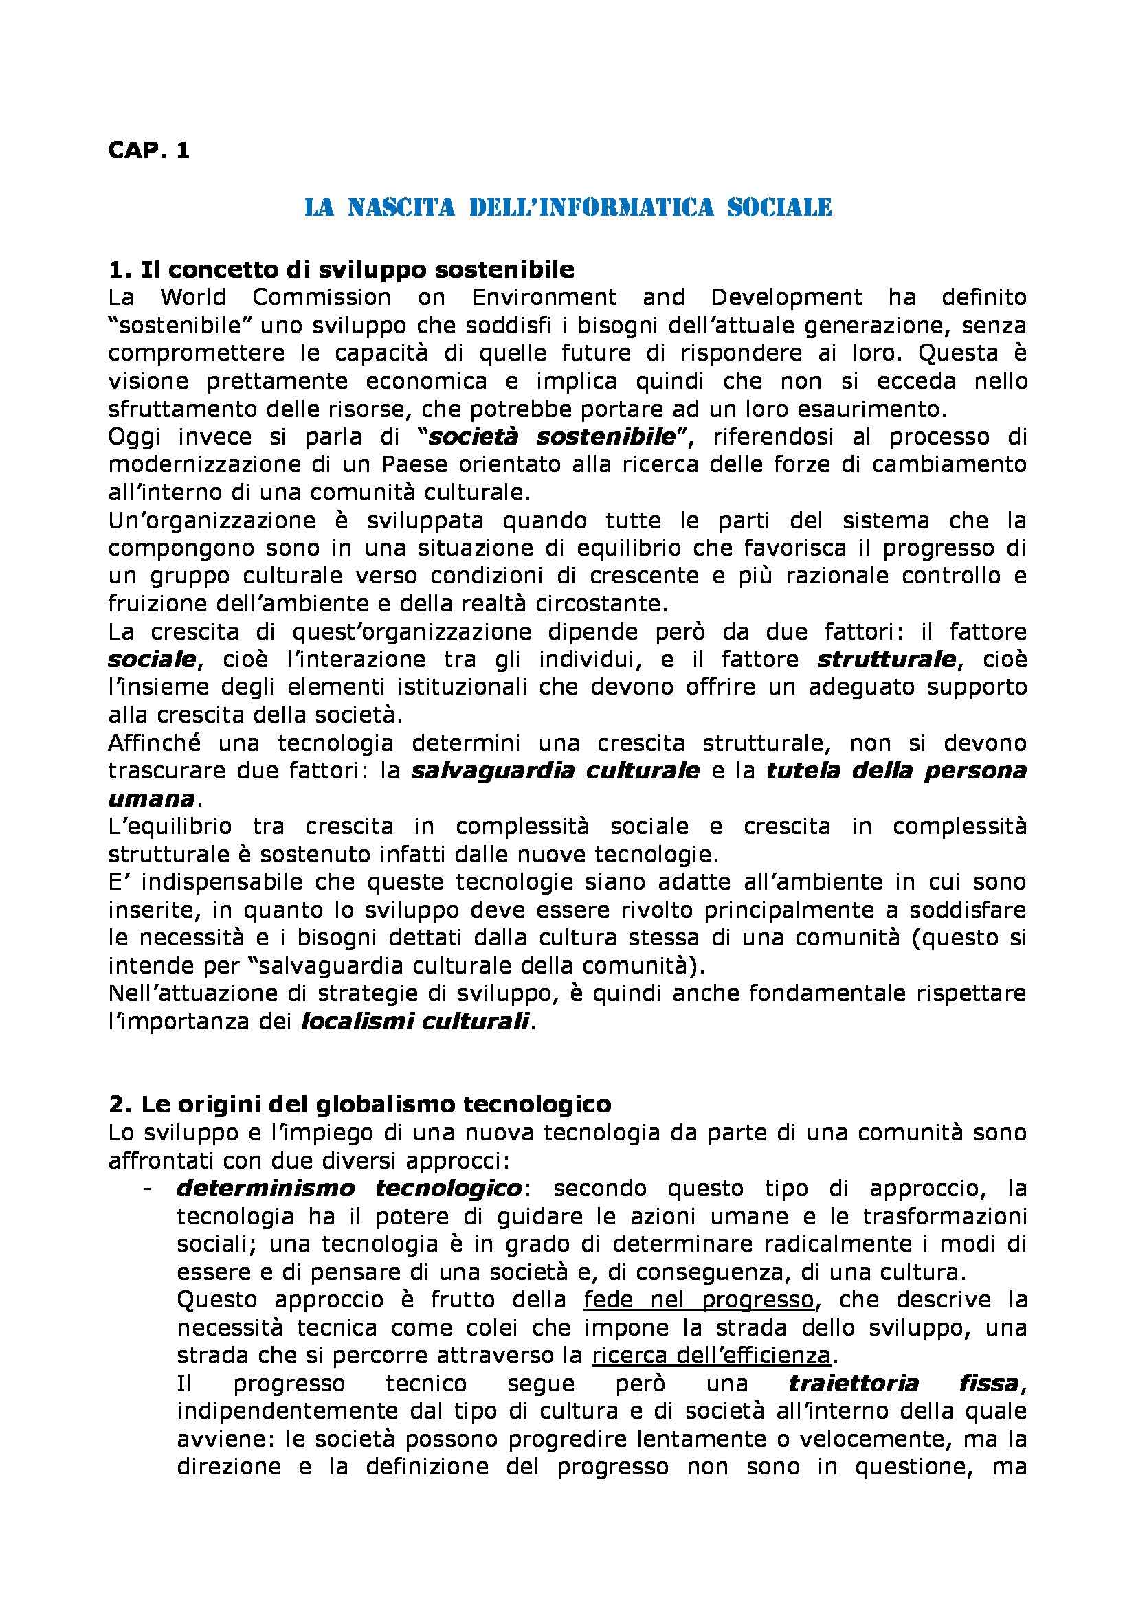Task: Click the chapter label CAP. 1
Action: point(148,151)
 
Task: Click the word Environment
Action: point(544,297)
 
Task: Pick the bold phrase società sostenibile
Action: point(553,437)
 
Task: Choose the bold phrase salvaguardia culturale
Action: point(555,771)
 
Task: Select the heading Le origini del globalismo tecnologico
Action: point(360,1105)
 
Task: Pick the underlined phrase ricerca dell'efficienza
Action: point(711,1356)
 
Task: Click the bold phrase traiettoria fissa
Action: point(903,1384)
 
